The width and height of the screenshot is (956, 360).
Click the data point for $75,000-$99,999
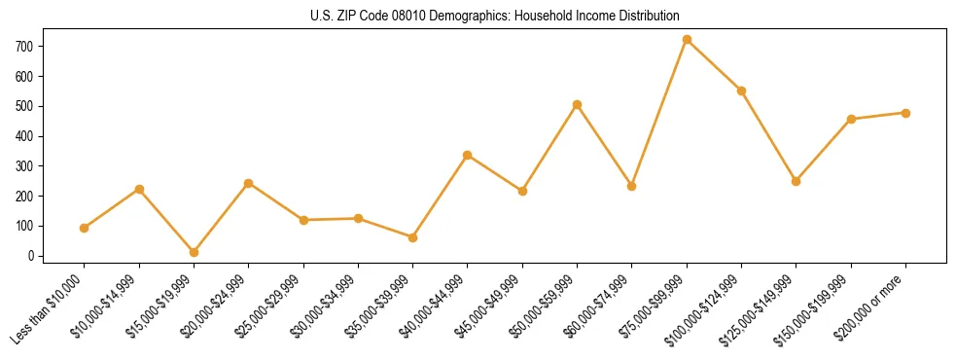[x=687, y=40]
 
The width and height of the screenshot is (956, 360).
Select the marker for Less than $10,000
[x=85, y=228]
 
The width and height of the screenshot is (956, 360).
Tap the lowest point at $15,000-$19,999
[x=194, y=252]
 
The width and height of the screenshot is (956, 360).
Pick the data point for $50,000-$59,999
[x=578, y=104]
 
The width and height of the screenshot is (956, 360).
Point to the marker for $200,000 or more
[x=905, y=113]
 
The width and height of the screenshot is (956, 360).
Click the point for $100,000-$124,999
[x=741, y=90]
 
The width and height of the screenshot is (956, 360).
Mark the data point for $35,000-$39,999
[x=413, y=237]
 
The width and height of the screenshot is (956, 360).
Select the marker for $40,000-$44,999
[x=468, y=155]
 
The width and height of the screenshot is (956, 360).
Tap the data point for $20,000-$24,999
[x=249, y=183]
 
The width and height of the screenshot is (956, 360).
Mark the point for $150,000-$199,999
[x=851, y=119]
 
